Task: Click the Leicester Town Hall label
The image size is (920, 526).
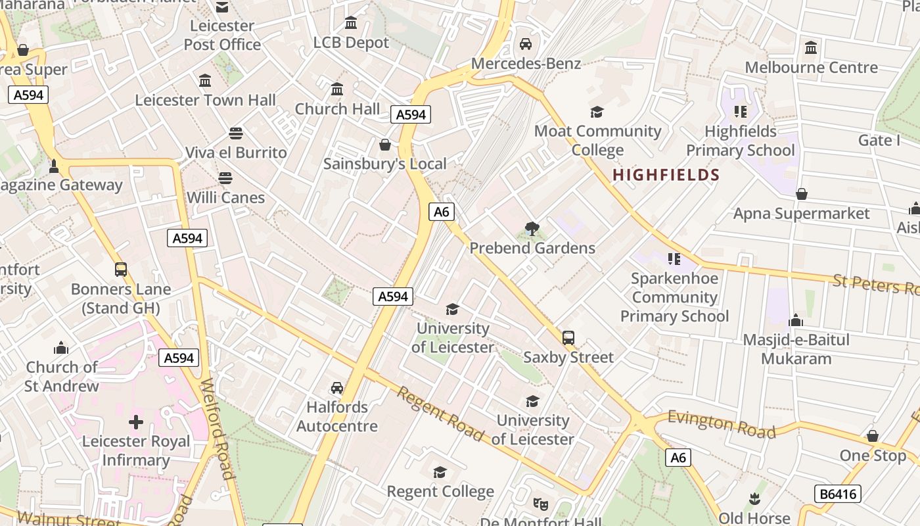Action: (x=205, y=100)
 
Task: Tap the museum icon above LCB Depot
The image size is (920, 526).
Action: (x=351, y=23)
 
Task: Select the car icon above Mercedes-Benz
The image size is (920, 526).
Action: (x=526, y=44)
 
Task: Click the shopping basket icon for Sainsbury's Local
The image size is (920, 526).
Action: (x=385, y=144)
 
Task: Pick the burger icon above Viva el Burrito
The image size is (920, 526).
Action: (x=236, y=133)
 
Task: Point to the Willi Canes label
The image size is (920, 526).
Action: (x=225, y=197)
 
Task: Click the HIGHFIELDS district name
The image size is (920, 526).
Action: (x=666, y=175)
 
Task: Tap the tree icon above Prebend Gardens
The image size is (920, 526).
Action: (x=532, y=229)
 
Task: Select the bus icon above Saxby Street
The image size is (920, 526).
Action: (x=568, y=338)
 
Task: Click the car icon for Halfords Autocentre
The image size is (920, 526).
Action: (x=337, y=388)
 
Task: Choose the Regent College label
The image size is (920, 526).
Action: (x=440, y=492)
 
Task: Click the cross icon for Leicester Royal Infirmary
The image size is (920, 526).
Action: (x=136, y=421)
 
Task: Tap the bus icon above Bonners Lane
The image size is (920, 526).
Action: (x=121, y=270)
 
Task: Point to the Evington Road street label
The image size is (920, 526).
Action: (x=722, y=424)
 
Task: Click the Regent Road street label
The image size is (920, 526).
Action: (x=440, y=414)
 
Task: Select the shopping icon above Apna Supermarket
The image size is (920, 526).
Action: (x=801, y=194)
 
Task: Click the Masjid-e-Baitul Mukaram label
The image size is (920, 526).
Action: (x=796, y=349)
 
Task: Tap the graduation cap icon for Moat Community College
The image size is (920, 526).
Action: (x=597, y=112)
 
